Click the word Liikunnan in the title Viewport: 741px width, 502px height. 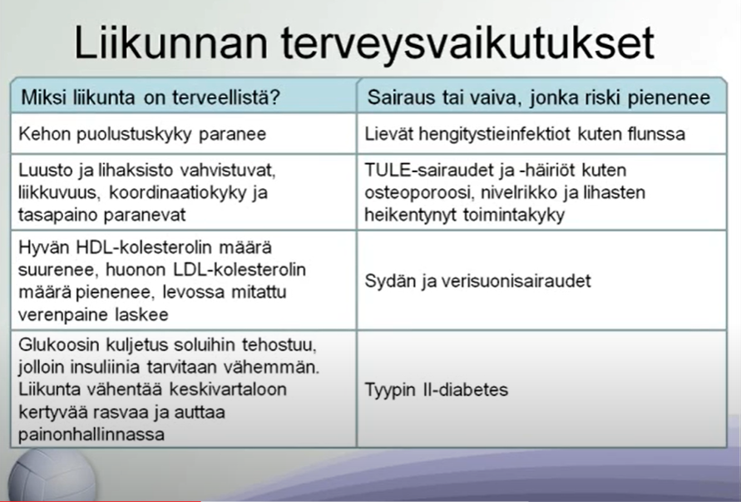[x=170, y=43]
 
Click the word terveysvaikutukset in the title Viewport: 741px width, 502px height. [x=468, y=43]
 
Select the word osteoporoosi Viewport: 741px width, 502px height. [x=417, y=193]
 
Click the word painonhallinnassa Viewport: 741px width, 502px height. [x=91, y=435]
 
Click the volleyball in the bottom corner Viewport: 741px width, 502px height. [x=52, y=475]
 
